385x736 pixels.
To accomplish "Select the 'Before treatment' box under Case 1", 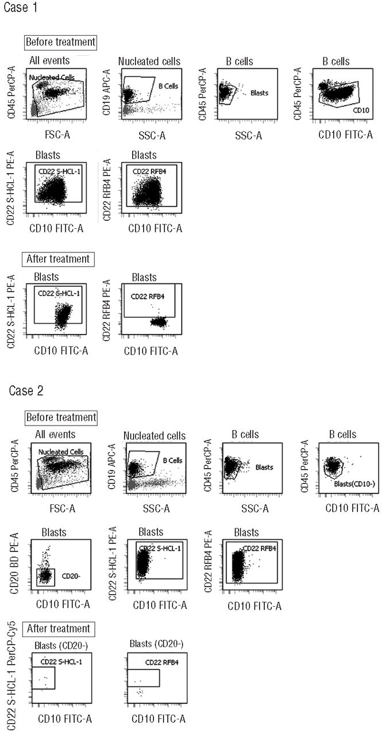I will pos(60,42).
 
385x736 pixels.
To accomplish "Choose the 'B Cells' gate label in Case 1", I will pos(168,86).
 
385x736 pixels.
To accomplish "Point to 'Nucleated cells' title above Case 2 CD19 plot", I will pos(155,436).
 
